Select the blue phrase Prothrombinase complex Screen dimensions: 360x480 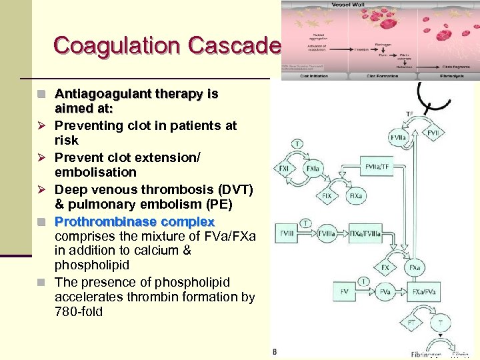(134, 221)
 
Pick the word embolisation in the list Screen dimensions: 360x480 (95, 172)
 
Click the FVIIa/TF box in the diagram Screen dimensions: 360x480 (379, 166)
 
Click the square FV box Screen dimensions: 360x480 (344, 291)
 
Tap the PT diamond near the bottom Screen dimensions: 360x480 (411, 323)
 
